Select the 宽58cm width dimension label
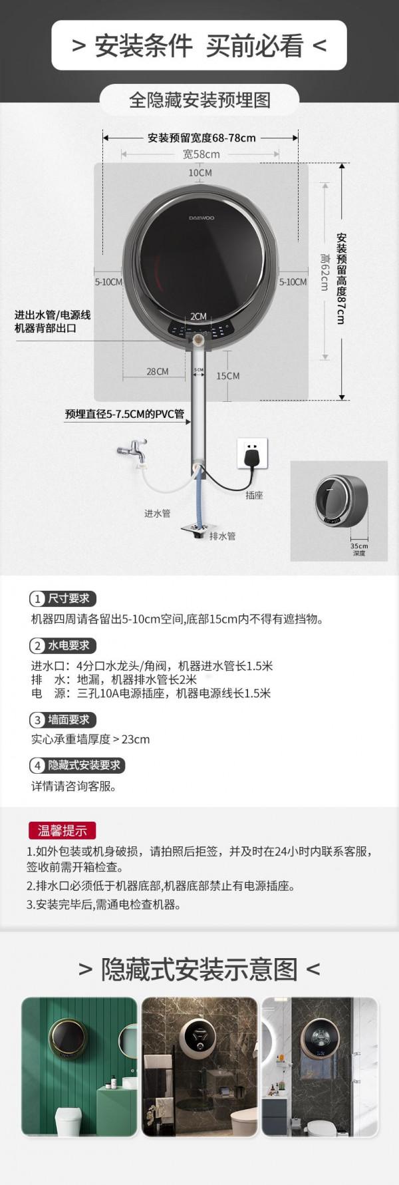pos(201,154)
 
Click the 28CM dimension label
pos(158,371)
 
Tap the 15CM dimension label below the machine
pos(227,376)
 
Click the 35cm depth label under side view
pos(359,549)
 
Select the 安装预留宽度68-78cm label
pos(201,138)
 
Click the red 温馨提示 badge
pos(62,830)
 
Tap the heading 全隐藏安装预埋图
pos(199,100)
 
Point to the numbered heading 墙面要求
pos(64,719)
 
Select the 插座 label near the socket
pos(254,495)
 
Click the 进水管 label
pos(158,513)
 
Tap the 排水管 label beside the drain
pos(223,536)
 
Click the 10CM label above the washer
pos(199,172)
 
